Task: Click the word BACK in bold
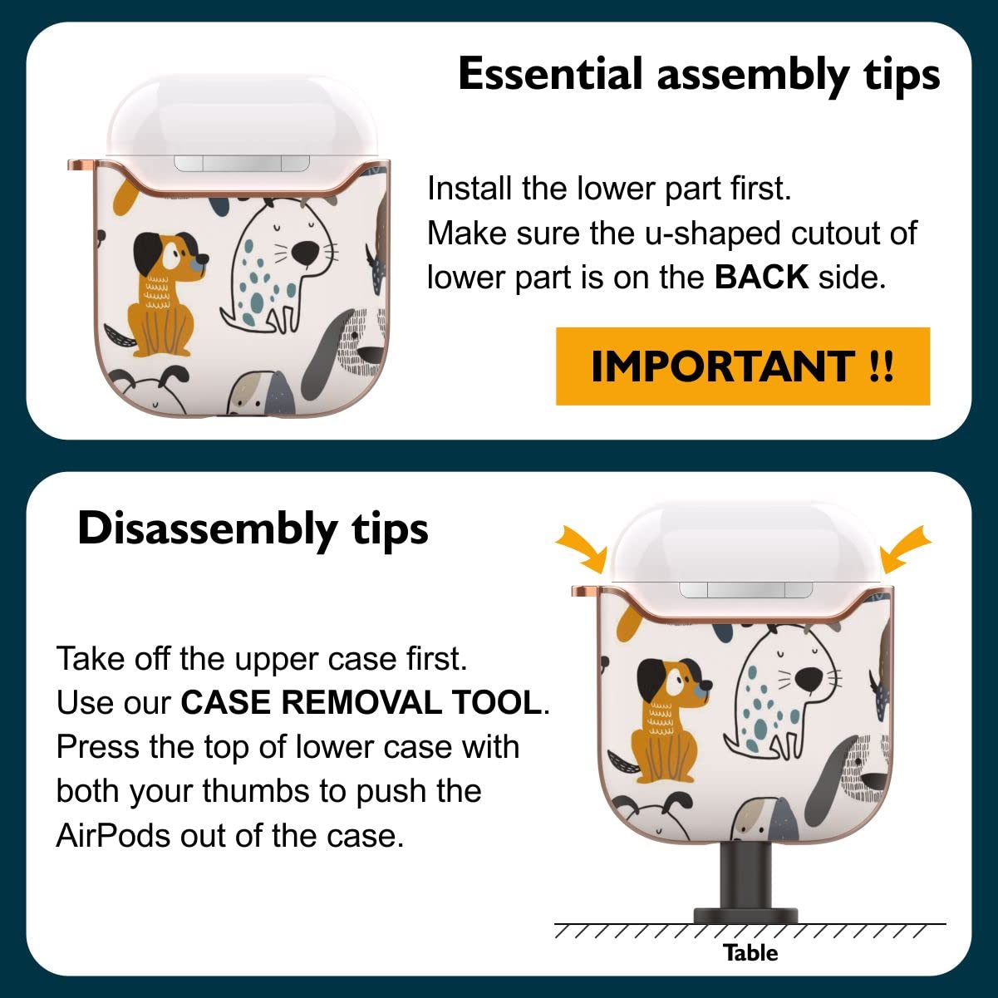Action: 761,277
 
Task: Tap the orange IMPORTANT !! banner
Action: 743,366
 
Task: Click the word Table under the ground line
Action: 750,953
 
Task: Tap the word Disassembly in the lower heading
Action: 207,529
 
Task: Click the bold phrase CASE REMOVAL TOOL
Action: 361,703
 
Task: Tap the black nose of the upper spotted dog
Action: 305,251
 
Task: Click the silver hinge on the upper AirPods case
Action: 242,163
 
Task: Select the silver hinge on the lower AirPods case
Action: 745,589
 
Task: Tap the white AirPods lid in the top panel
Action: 242,116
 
